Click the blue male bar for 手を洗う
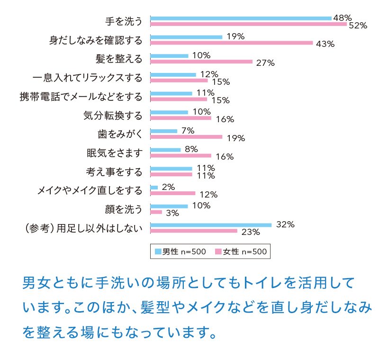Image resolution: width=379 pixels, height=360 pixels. [x=241, y=18]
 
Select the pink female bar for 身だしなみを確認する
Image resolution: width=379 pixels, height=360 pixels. [x=231, y=43]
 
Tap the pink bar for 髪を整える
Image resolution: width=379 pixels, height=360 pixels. [x=201, y=61]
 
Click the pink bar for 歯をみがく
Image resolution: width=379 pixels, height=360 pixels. [x=186, y=137]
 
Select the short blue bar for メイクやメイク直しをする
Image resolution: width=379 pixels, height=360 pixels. [x=154, y=188]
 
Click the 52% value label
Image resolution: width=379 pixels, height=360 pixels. [x=358, y=26]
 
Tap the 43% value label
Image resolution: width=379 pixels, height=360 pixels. [x=325, y=44]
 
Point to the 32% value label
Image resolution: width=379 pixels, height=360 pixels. [x=285, y=225]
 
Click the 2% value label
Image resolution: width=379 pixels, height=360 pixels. [x=168, y=187]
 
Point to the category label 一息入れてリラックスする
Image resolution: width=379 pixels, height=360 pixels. [x=88, y=78]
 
